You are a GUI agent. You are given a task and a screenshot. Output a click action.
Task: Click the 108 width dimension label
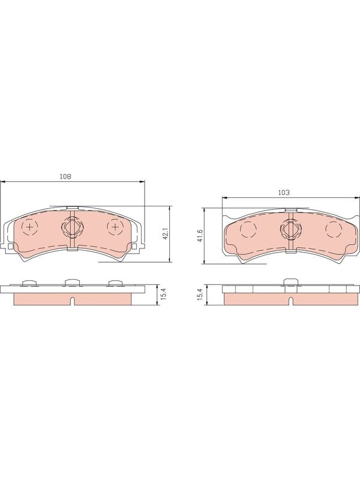pos(65,176)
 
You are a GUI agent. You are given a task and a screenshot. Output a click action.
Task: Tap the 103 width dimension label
pos(284,193)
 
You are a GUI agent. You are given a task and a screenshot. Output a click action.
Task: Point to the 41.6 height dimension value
pos(201,236)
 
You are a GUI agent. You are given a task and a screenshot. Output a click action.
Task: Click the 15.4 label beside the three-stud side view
pos(163,295)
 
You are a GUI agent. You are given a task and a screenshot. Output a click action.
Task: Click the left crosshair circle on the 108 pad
pos(29,227)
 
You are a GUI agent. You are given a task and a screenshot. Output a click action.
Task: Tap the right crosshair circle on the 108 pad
pos(115,227)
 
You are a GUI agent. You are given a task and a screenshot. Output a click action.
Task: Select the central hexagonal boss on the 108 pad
pos(72,227)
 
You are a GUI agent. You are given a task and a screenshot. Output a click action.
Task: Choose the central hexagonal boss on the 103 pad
pos(291,229)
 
